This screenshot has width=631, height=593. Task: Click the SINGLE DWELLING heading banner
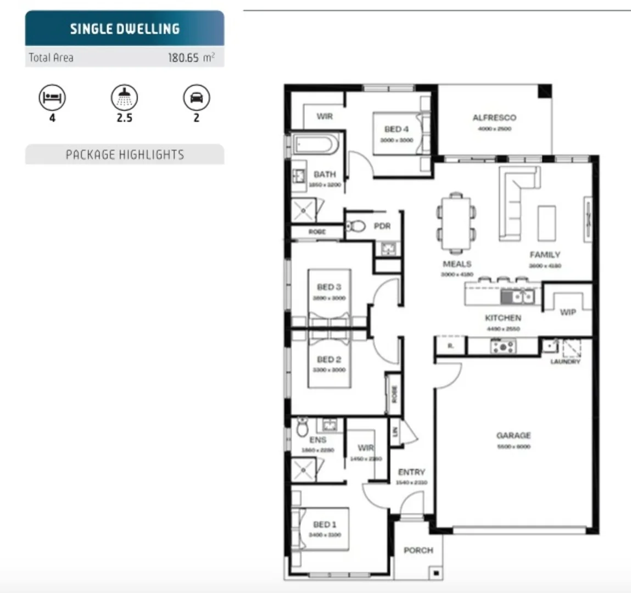[125, 29]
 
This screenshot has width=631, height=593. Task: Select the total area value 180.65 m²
[191, 58]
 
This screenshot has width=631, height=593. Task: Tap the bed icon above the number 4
[52, 98]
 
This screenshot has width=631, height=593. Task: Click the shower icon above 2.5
[124, 98]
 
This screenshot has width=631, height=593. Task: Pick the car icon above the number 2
[196, 98]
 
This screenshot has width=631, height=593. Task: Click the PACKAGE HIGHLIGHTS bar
[125, 155]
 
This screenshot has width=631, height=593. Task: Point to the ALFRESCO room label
[494, 118]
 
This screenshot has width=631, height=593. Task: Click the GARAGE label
[513, 435]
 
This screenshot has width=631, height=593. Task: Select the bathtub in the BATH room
[314, 145]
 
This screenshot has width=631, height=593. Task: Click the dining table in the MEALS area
[456, 222]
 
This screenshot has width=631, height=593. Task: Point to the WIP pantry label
[568, 312]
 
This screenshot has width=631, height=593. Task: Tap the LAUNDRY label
[565, 361]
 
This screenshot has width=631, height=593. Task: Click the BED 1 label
[325, 524]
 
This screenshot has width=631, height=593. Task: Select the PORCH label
[418, 550]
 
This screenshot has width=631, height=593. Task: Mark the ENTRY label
[411, 472]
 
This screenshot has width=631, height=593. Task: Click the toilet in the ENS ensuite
[302, 427]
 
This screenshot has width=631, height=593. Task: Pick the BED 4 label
[397, 129]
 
